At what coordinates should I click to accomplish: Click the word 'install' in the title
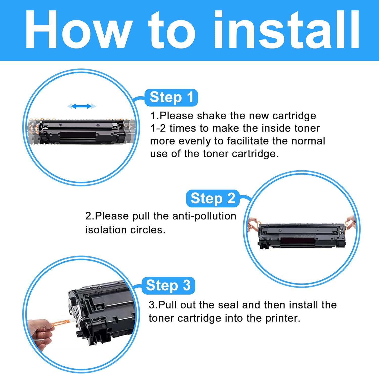tap(287, 29)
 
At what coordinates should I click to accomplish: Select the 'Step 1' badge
tap(171, 98)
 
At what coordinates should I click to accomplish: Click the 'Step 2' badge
tap(213, 198)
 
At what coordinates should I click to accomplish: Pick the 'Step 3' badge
tap(168, 286)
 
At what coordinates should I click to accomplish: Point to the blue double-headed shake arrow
tap(82, 106)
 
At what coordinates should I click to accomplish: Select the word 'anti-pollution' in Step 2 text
tap(204, 216)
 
